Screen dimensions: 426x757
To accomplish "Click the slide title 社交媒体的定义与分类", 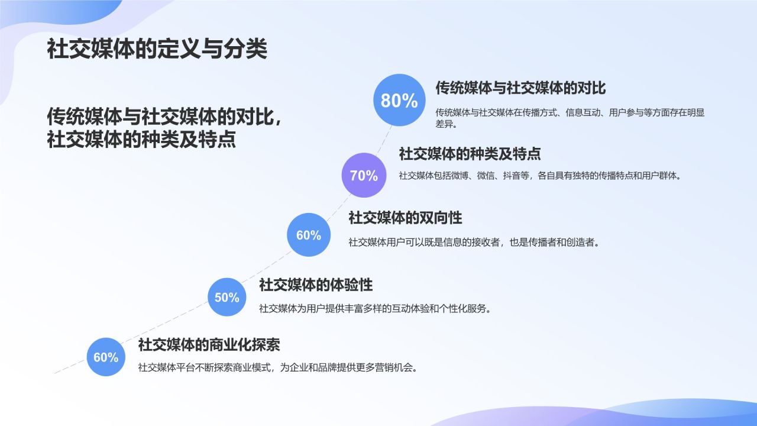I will [157, 50].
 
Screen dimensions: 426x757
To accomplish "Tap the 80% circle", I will [399, 100].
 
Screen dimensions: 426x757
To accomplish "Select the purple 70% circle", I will [364, 175].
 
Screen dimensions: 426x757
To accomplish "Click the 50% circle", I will [227, 297].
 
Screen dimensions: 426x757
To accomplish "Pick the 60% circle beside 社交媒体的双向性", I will [308, 235].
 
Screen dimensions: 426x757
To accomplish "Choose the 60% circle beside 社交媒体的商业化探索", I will [106, 357].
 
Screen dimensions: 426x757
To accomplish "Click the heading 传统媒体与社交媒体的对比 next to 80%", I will [520, 88].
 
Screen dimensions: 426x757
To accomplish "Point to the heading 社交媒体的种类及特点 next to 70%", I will [470, 154].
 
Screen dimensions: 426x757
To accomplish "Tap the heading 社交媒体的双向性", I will [405, 218].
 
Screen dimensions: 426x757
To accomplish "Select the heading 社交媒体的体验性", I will [316, 285].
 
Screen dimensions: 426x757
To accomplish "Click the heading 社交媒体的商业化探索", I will [209, 344].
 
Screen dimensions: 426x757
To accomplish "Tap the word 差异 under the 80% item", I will [444, 125].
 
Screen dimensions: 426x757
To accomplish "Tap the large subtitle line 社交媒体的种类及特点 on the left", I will [141, 140].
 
